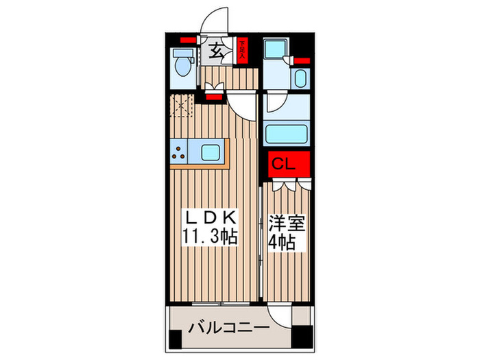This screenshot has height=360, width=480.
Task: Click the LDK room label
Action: pyautogui.click(x=213, y=218)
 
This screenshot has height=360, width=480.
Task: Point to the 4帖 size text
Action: pyautogui.click(x=281, y=241)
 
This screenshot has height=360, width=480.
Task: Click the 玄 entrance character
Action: pyautogui.click(x=216, y=50)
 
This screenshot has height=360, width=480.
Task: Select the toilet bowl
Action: pyautogui.click(x=184, y=67)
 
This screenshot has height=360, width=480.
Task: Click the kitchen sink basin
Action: pyautogui.click(x=211, y=150)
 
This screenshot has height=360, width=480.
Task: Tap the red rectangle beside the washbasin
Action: pyautogui.click(x=303, y=60)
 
